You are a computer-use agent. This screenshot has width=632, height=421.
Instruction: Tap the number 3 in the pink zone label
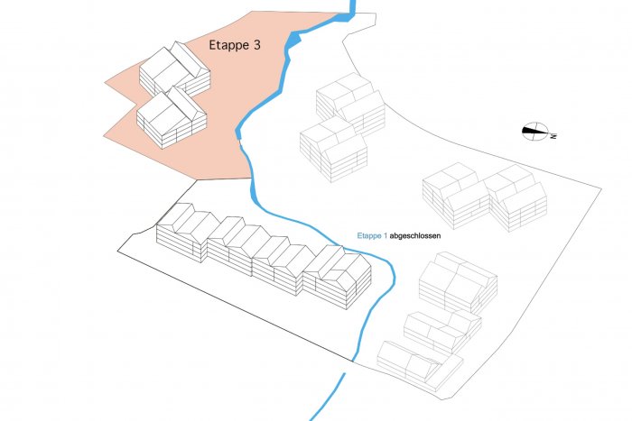(256, 45)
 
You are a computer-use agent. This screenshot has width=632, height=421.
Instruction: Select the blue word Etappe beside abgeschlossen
(368, 236)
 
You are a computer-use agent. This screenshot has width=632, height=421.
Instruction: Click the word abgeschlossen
(415, 235)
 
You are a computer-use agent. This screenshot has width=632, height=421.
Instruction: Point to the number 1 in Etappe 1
(385, 235)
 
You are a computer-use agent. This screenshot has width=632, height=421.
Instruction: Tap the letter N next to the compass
(553, 136)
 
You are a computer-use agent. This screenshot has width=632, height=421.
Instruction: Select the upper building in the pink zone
(174, 69)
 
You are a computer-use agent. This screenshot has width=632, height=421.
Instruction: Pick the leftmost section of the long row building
(188, 233)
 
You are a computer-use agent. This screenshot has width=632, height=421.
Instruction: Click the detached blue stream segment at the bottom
(327, 398)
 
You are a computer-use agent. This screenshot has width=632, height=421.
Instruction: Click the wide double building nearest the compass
(485, 197)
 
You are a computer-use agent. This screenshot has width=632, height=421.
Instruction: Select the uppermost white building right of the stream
(350, 104)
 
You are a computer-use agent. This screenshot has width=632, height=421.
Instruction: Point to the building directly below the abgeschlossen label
(459, 282)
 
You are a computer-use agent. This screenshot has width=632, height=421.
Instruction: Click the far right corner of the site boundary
(601, 188)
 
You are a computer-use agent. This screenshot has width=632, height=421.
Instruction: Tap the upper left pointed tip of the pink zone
(105, 83)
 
